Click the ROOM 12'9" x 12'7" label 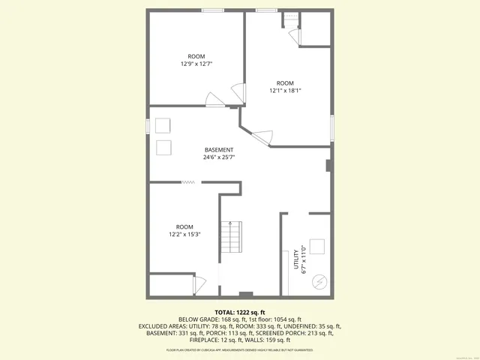[x=196, y=60]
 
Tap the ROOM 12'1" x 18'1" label [x=285, y=86]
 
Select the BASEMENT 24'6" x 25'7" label [x=219, y=154]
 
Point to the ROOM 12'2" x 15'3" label [x=184, y=230]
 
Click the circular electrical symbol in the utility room [x=319, y=281]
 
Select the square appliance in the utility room [x=316, y=247]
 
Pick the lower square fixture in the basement [x=163, y=146]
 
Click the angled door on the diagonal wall [x=262, y=136]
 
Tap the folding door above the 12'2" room [x=188, y=181]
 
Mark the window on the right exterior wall [x=331, y=127]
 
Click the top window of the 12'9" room [x=212, y=10]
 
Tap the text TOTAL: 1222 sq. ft [x=240, y=312]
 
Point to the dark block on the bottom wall [x=245, y=294]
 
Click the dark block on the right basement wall [x=328, y=166]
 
